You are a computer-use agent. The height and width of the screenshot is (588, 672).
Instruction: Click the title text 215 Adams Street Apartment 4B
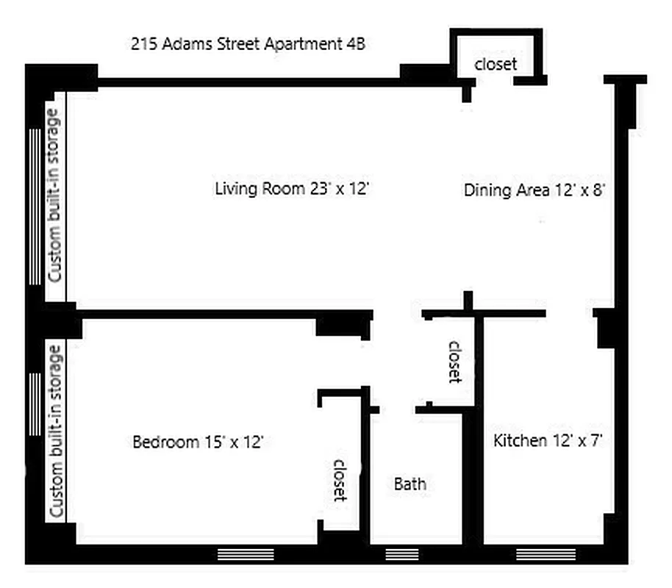[248, 43]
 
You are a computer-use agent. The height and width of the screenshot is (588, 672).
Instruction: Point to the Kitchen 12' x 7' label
[548, 441]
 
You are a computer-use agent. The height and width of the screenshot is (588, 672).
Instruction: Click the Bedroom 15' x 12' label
[198, 442]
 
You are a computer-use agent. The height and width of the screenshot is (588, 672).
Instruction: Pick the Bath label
[410, 484]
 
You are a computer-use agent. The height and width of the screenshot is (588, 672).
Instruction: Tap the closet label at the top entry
[496, 64]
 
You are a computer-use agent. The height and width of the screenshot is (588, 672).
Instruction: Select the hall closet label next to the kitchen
[455, 361]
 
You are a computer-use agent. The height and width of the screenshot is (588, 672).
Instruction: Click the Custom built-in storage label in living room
[54, 196]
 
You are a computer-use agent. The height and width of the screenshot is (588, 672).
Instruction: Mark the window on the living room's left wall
[35, 207]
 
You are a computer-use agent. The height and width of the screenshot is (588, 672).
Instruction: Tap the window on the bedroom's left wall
[35, 404]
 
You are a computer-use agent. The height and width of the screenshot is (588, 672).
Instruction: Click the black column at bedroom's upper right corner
[343, 323]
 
